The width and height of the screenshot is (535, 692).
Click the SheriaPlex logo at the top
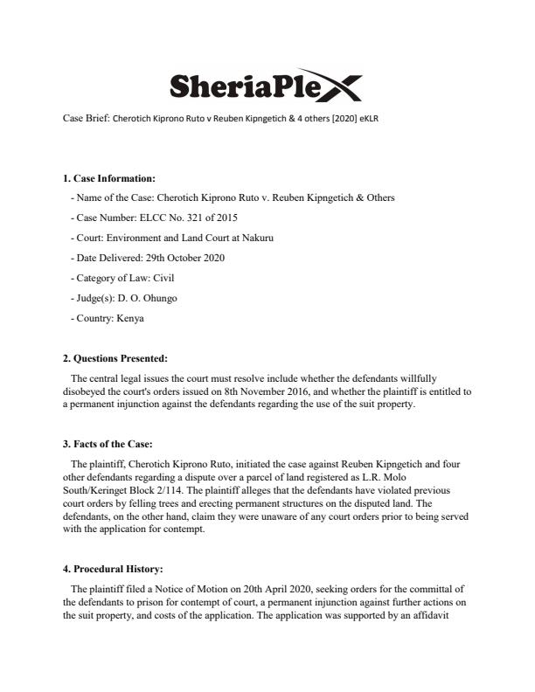[263, 86]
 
